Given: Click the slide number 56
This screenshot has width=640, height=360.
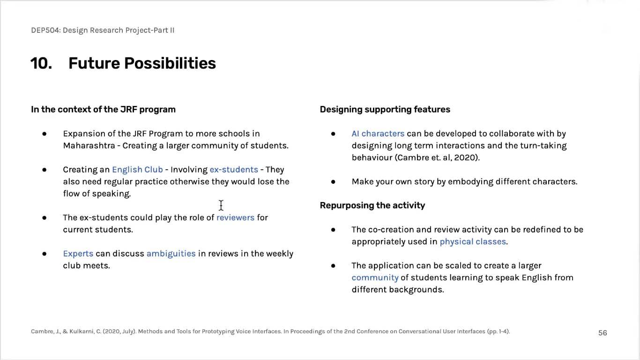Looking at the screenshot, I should (x=603, y=333).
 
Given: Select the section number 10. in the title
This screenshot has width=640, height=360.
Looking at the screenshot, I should (x=41, y=63).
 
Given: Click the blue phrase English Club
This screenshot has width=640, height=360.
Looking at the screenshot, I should (x=137, y=170).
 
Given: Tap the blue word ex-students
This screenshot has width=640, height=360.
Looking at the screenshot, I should (x=234, y=170).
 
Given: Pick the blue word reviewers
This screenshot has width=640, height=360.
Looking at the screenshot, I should (x=235, y=217).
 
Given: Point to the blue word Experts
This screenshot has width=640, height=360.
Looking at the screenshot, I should (x=78, y=254).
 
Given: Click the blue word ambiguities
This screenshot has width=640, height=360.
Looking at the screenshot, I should (x=171, y=254).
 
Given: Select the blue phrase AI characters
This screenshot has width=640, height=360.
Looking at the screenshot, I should (x=378, y=134).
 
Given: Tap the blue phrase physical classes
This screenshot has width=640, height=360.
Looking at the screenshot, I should (x=473, y=241).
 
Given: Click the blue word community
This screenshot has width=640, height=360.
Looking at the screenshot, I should (x=375, y=277).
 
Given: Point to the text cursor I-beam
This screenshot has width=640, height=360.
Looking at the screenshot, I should (x=221, y=205).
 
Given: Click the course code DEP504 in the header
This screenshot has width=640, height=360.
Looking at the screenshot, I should (x=45, y=30).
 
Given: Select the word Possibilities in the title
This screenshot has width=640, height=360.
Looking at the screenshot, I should (x=170, y=63).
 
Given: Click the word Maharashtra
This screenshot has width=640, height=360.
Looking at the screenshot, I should (x=89, y=146).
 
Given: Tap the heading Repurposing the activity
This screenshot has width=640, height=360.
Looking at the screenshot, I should (x=372, y=205).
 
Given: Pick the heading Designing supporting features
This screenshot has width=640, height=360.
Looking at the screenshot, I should (x=385, y=110).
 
